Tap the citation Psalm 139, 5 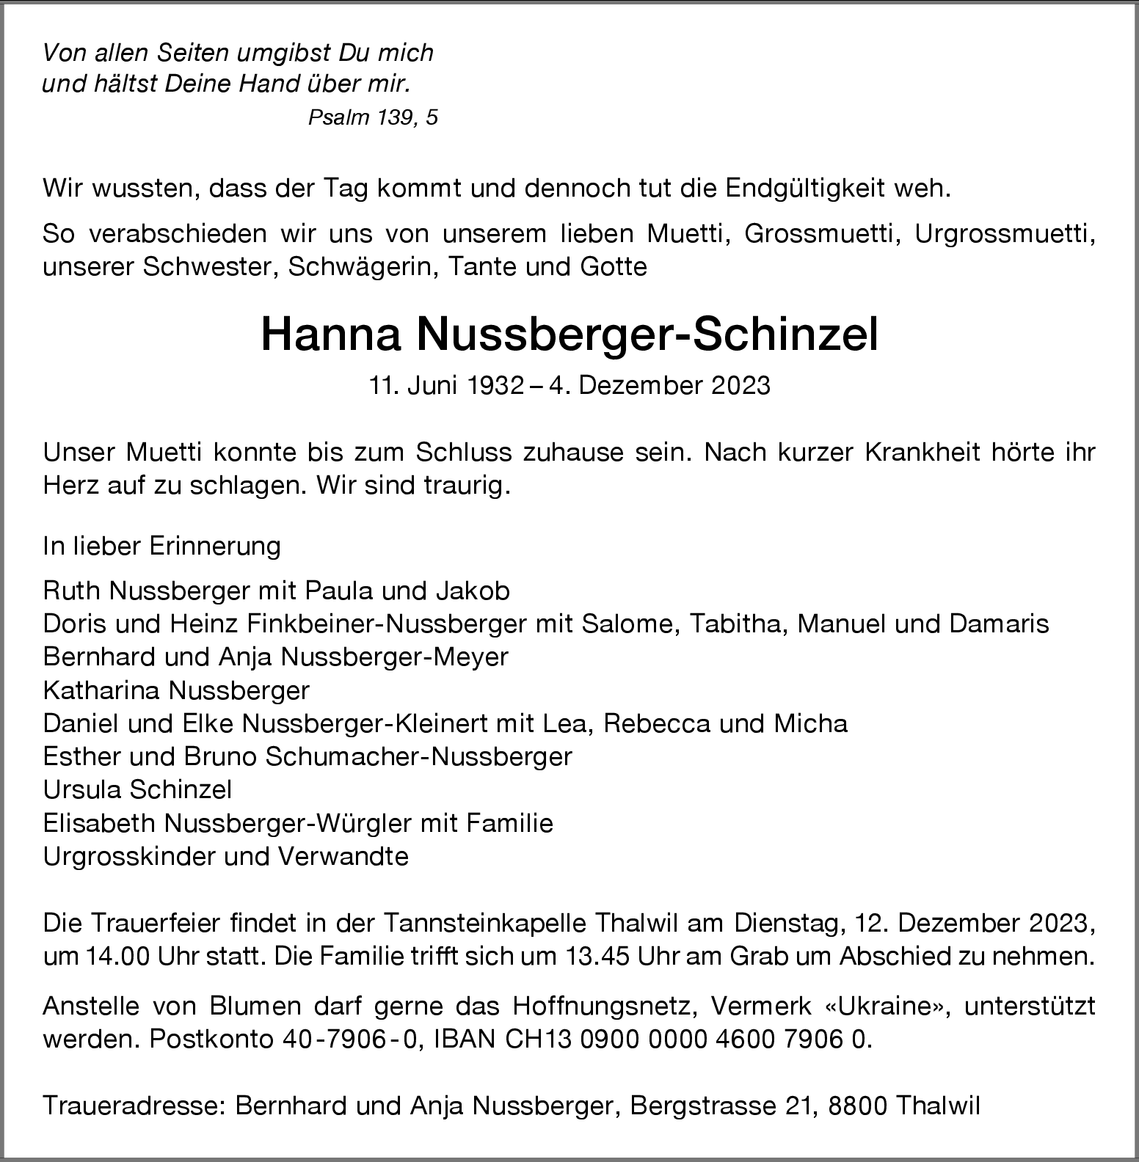(373, 117)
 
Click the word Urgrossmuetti (1005, 234)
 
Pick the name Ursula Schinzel (137, 789)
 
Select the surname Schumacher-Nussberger (418, 756)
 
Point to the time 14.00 (110, 957)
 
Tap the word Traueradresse (134, 1106)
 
